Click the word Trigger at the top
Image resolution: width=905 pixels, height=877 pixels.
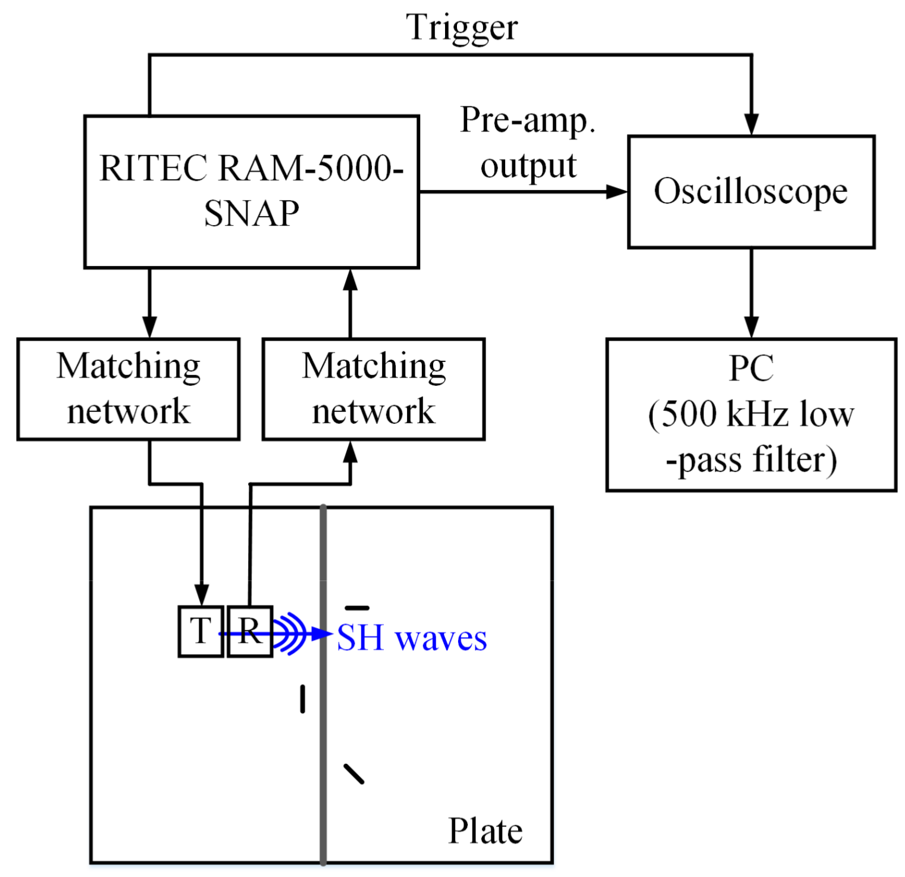(x=462, y=27)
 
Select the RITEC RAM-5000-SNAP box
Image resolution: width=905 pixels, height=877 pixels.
(x=251, y=192)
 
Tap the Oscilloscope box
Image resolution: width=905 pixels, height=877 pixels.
(x=751, y=192)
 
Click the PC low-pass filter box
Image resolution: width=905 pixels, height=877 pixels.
(x=751, y=414)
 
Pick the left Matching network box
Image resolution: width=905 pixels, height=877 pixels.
(x=129, y=389)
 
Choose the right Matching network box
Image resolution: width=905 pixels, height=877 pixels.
(x=374, y=389)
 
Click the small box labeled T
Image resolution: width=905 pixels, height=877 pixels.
(x=201, y=631)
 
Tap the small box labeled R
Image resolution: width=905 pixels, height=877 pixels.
(x=250, y=631)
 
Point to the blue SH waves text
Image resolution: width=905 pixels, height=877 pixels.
(x=412, y=638)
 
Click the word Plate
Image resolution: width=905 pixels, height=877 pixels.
(x=485, y=831)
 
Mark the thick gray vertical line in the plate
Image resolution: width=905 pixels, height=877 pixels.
(x=323, y=744)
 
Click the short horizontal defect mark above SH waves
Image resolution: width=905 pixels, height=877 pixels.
(x=357, y=608)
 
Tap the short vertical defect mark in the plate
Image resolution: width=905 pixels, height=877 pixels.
(x=303, y=699)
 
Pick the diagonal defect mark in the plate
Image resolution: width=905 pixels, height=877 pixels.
(x=354, y=773)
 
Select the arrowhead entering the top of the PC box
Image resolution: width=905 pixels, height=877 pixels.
(x=751, y=326)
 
